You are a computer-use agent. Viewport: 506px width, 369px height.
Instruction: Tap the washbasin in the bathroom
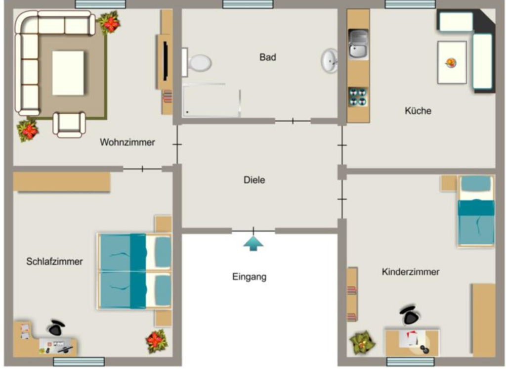(x=329, y=61)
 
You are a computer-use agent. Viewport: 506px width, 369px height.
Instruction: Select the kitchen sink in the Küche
(x=358, y=44)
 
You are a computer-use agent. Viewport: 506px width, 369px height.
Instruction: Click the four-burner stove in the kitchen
(x=358, y=97)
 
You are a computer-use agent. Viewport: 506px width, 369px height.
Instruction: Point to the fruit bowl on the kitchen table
(x=451, y=62)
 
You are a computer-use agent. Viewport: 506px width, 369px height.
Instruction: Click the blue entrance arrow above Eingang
(x=253, y=243)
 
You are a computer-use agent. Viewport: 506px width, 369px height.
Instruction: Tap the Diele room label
(x=254, y=180)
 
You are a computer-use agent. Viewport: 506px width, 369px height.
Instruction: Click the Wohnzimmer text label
(x=127, y=142)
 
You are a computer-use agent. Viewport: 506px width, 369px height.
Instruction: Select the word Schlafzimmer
(x=54, y=261)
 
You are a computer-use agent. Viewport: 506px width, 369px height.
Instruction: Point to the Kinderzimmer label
(x=411, y=272)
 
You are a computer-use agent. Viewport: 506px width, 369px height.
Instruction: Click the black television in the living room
(x=166, y=61)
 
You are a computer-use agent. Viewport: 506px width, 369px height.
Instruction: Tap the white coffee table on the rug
(x=68, y=73)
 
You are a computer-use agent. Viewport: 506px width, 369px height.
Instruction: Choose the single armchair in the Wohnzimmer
(x=69, y=125)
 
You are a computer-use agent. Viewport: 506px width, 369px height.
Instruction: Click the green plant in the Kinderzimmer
(x=362, y=342)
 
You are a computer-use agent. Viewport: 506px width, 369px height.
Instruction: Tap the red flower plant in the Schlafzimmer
(x=157, y=341)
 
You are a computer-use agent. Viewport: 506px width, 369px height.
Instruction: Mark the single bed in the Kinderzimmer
(x=476, y=211)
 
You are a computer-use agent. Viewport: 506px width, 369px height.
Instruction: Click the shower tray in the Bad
(x=211, y=100)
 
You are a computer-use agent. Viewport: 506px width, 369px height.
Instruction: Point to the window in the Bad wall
(x=248, y=4)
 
